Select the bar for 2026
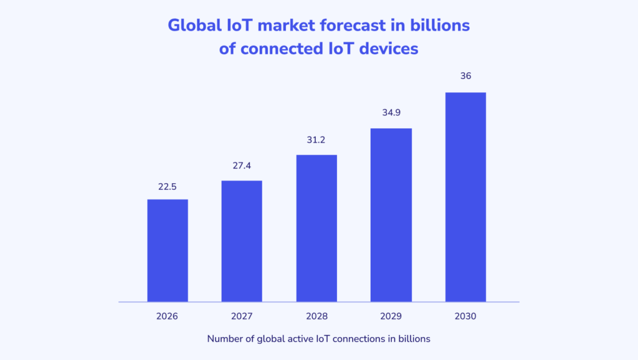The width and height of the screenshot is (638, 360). (x=167, y=250)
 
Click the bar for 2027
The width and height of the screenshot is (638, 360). (x=242, y=241)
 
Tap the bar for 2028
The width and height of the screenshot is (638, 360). (x=317, y=228)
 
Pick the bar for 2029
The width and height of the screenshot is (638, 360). (x=391, y=215)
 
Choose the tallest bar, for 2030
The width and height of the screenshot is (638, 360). (x=465, y=197)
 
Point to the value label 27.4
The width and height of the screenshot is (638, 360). (x=242, y=166)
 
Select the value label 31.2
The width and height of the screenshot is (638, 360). (x=317, y=140)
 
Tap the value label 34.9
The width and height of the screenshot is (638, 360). (x=391, y=114)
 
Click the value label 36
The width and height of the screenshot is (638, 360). (x=465, y=76)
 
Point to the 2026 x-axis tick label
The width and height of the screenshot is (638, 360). (x=167, y=316)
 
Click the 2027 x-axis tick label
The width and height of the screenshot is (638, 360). (x=242, y=316)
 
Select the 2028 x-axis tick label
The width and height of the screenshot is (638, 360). (x=317, y=316)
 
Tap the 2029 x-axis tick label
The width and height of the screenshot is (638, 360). (x=391, y=316)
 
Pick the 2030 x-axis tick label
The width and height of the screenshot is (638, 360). (x=465, y=316)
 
